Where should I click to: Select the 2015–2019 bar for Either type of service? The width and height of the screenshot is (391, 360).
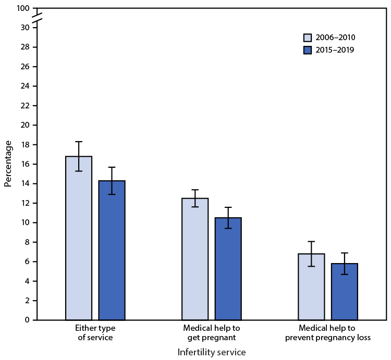click(112, 250)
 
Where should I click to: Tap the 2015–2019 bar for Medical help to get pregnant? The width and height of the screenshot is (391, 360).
click(228, 269)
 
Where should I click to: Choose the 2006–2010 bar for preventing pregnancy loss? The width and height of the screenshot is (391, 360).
click(311, 287)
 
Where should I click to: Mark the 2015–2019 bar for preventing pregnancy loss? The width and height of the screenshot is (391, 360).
click(344, 292)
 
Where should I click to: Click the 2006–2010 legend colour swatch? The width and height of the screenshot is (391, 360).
click(308, 38)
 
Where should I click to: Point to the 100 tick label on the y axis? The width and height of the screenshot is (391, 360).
click(22, 9)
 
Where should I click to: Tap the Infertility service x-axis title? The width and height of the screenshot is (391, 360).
click(211, 352)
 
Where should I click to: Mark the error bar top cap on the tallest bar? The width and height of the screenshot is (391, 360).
click(79, 142)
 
